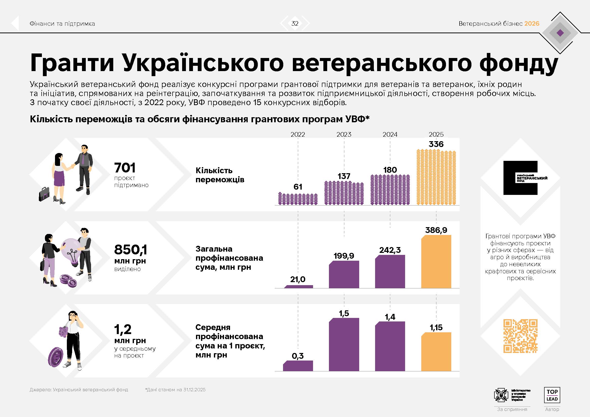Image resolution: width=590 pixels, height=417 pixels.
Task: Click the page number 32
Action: click(x=295, y=24)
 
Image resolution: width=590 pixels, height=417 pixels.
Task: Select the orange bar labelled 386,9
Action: click(x=436, y=262)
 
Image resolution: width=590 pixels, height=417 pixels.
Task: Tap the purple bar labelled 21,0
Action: click(x=298, y=287)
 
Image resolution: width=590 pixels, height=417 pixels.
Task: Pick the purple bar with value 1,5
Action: click(x=344, y=345)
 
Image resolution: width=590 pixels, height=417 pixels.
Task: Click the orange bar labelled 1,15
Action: click(x=436, y=352)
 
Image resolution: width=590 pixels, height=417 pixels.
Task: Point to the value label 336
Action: click(x=436, y=144)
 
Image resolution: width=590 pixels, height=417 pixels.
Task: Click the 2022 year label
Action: click(x=298, y=134)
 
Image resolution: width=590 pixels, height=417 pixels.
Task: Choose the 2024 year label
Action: click(x=390, y=134)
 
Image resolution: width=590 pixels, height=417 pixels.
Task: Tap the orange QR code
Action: click(x=520, y=336)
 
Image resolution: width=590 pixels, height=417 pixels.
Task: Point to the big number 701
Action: click(x=125, y=168)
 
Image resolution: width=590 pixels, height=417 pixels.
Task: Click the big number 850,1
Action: click(x=131, y=249)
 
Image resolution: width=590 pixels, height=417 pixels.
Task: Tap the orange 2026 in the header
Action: click(x=532, y=24)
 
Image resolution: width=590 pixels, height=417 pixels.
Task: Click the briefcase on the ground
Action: click(x=44, y=194)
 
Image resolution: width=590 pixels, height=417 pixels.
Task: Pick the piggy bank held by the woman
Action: click(x=63, y=332)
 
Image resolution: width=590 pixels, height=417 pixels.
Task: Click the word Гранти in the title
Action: click(x=72, y=63)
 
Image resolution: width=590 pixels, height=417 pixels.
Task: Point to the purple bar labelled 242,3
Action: click(x=390, y=272)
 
